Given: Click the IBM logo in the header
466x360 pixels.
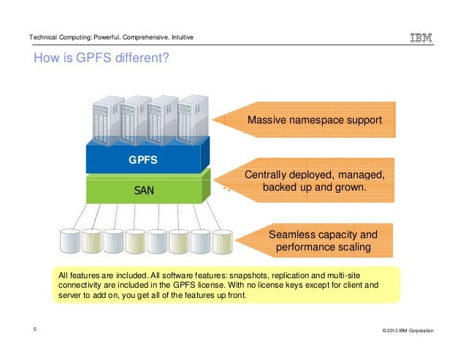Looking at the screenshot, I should coord(421,38).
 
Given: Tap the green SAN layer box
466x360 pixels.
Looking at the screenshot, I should coord(145,191).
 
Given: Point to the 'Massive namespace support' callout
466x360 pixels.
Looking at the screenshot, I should coord(314,120).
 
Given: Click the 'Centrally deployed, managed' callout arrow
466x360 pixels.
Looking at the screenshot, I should coord(314,181).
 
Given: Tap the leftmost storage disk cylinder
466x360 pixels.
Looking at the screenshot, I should coord(70,242).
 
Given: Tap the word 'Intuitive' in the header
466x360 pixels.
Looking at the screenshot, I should coord(179,37).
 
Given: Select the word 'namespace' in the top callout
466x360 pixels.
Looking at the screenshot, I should coord(316,120).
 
